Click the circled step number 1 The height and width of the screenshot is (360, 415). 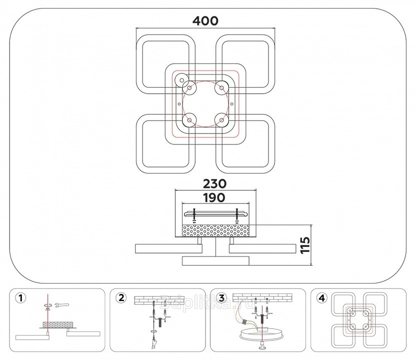(x=20, y=298)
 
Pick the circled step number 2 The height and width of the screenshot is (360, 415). (x=120, y=298)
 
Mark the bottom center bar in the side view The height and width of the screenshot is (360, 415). (x=215, y=260)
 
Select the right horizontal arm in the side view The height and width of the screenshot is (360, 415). (x=262, y=248)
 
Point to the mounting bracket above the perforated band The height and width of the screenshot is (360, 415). (x=214, y=214)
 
